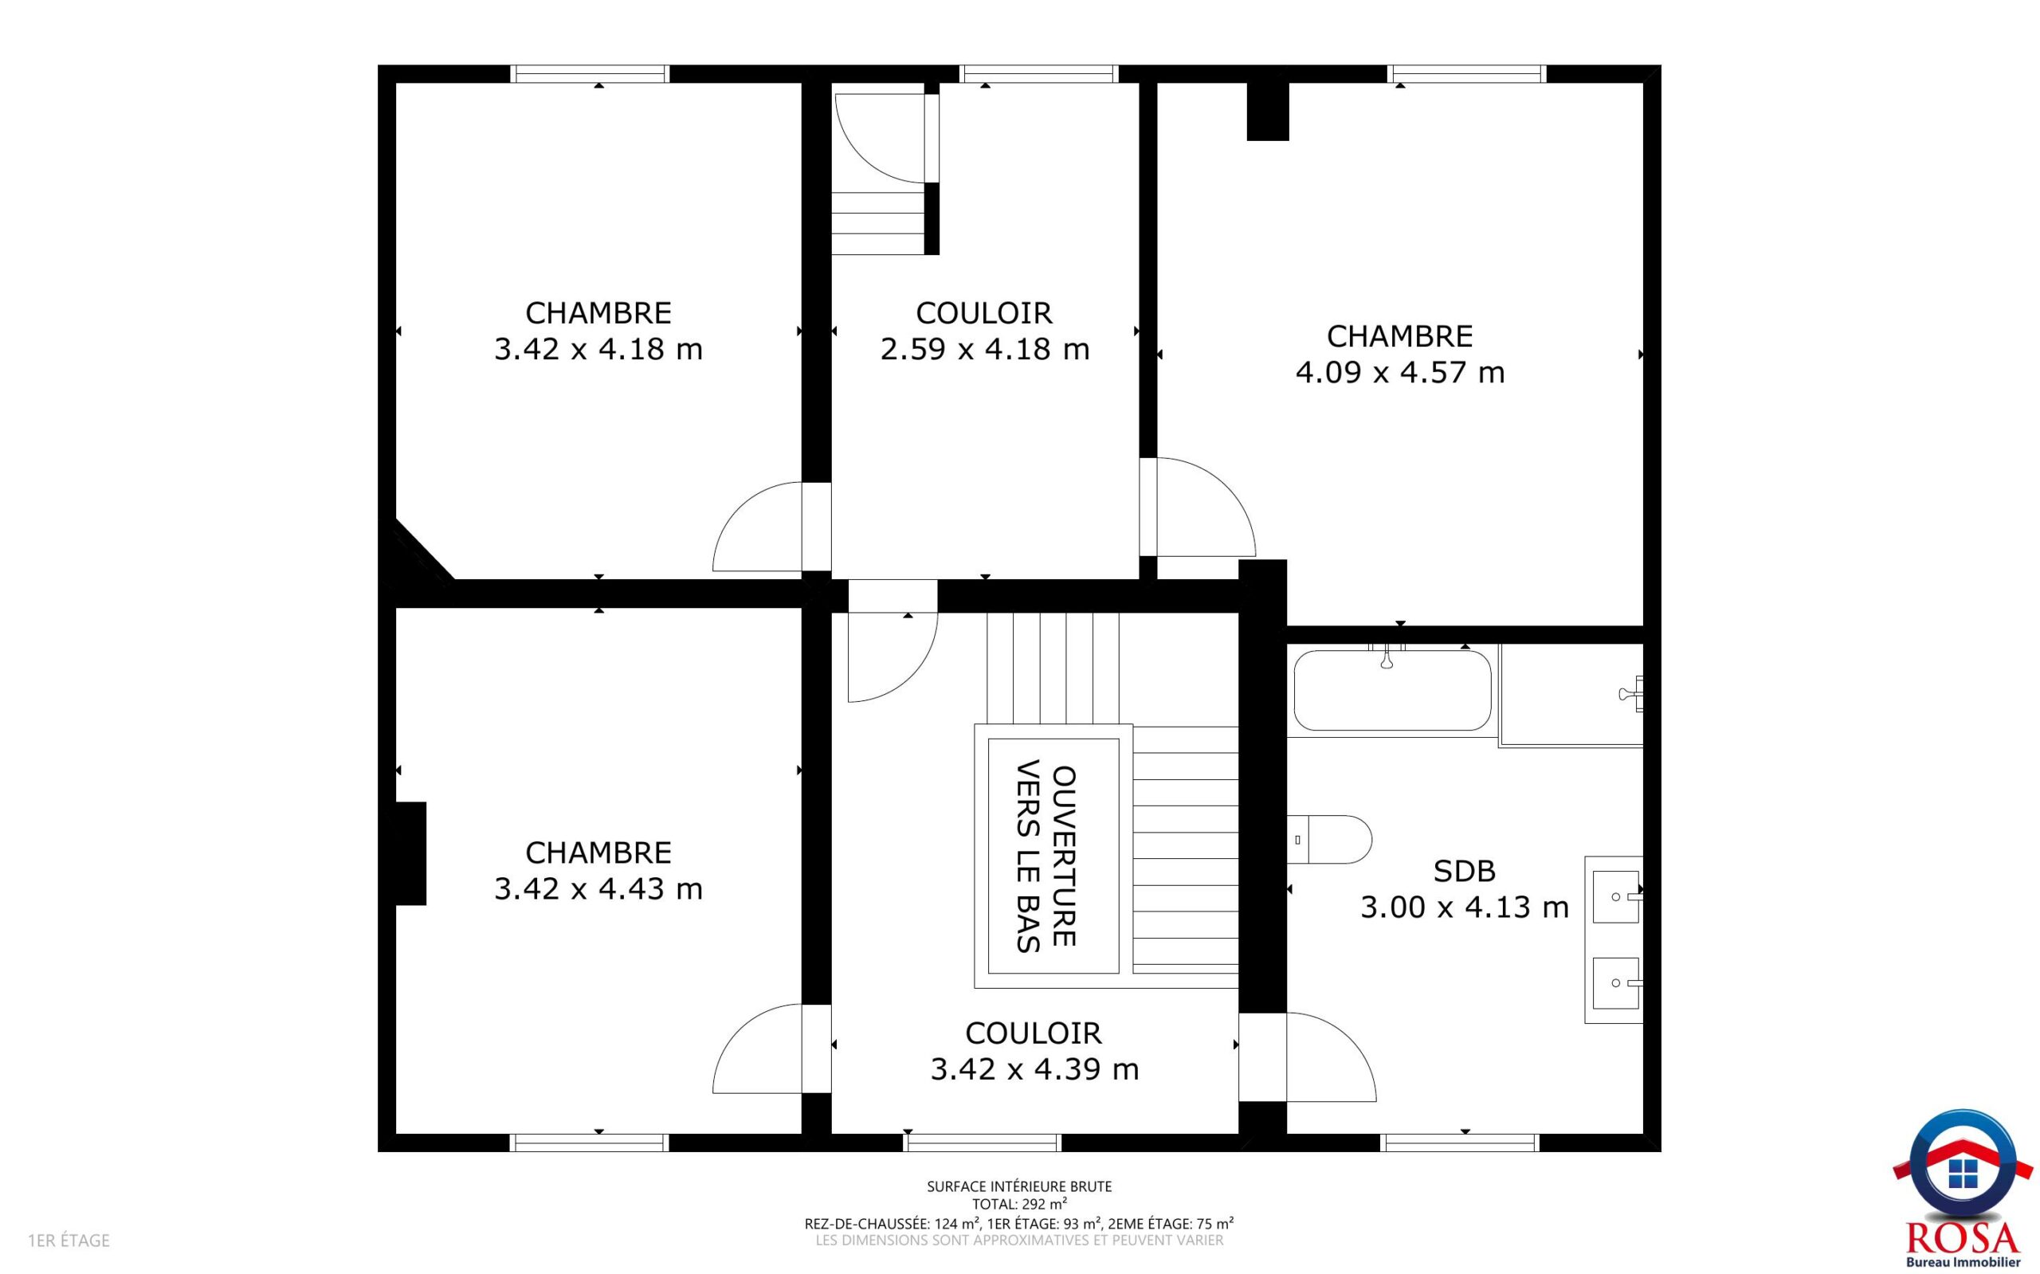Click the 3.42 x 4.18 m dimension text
pos(598,349)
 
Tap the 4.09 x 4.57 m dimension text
pos(1399,372)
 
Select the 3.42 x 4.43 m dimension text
pos(598,889)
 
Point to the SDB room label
pos(1465,871)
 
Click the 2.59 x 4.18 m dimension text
pos(984,349)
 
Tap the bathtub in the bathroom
pos(1392,689)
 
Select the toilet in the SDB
pos(1330,839)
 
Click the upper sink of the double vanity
pos(1615,897)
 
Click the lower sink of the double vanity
pos(1615,983)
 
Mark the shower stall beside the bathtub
pos(1571,695)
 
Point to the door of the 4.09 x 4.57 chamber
pos(1197,508)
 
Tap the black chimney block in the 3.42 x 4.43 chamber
pos(410,853)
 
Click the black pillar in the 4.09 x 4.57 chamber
pos(1267,112)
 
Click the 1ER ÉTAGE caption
pos(69,1241)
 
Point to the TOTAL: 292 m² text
pos(1019,1204)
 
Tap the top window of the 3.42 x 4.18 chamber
pos(590,73)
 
